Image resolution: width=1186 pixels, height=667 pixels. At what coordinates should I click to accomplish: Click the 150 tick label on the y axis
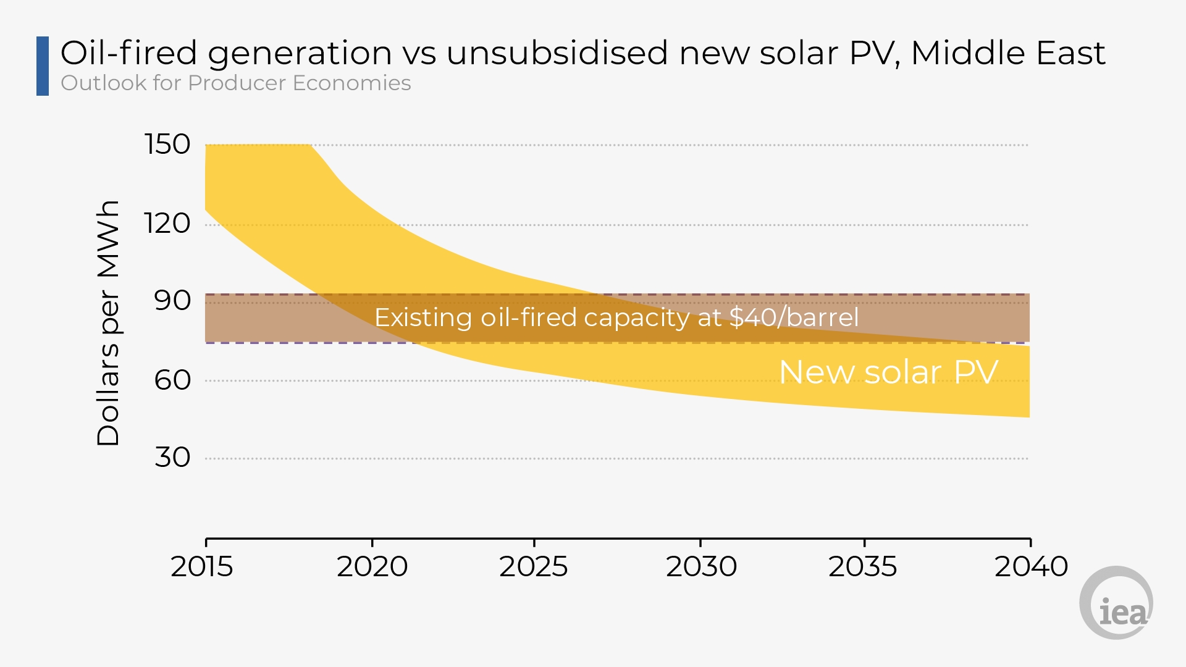coord(167,145)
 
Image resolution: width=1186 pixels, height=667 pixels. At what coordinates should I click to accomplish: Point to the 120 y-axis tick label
coord(167,223)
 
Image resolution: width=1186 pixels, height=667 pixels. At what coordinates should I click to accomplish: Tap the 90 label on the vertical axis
coord(172,301)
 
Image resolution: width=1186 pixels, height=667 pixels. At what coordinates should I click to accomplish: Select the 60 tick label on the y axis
coord(172,380)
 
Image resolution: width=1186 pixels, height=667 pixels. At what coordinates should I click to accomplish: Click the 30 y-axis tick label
coord(172,458)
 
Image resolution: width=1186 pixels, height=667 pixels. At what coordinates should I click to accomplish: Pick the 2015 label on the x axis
coord(202,566)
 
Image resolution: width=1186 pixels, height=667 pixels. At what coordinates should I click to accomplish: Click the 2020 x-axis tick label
coord(372,566)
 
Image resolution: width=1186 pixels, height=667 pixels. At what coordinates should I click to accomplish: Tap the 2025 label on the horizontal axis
coord(534,566)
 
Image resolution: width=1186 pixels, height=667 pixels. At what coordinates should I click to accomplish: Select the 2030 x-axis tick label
coord(701,566)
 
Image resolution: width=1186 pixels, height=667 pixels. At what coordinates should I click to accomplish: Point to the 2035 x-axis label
coord(863,566)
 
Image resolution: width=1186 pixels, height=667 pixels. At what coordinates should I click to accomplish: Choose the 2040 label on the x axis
coord(1031,566)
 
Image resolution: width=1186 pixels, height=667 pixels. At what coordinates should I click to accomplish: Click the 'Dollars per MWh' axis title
coord(108,323)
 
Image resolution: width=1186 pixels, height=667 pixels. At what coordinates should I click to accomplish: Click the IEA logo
coord(1117,603)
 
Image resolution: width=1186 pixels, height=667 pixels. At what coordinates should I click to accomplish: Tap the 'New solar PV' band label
coord(888,372)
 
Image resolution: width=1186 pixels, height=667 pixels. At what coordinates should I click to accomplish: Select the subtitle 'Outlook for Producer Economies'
coord(236,83)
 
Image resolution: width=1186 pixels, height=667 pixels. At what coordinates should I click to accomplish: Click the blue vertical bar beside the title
coord(43,66)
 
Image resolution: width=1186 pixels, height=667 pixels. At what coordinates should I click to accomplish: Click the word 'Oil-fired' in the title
coord(129,52)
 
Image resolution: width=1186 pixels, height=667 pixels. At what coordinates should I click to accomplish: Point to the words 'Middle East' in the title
coord(1008,52)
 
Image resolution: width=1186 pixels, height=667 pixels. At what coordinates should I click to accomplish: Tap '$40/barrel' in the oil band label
coord(794,317)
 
